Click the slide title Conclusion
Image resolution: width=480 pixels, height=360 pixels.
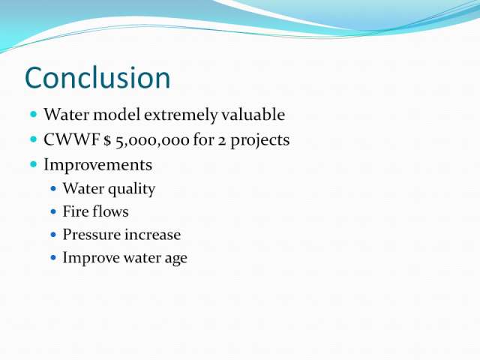[x=97, y=78]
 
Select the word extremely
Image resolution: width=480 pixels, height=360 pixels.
[x=181, y=115]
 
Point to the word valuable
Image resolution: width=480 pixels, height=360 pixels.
[x=253, y=115]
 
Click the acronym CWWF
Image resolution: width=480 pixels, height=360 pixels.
[x=72, y=140]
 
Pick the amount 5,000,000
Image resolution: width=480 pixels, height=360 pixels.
[x=152, y=141]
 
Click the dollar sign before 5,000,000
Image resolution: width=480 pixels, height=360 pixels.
[x=106, y=140]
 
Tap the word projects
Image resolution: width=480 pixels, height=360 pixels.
[x=260, y=141]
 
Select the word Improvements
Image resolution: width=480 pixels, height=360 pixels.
[x=98, y=165]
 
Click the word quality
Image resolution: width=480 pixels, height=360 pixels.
[x=132, y=189]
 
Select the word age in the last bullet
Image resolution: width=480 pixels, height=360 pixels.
[x=176, y=259]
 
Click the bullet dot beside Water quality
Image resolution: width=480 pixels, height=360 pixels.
[x=53, y=188]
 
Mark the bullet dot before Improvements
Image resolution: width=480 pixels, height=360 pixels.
[x=34, y=165]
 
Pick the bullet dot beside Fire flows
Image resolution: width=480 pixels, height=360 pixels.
[x=53, y=211]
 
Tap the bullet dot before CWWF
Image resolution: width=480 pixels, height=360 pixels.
[x=34, y=139]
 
